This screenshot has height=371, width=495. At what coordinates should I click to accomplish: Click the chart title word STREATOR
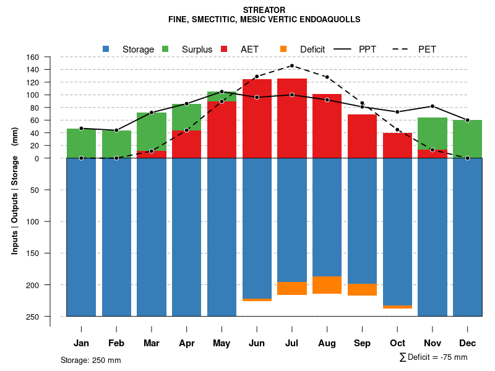[x=264, y=10]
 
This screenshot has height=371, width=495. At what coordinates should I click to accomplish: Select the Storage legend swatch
[x=106, y=49]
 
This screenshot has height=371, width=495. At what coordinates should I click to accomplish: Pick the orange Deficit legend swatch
[x=283, y=49]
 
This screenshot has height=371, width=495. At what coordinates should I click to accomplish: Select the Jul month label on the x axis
[x=292, y=343]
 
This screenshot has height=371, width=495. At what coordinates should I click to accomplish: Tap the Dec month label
[x=468, y=343]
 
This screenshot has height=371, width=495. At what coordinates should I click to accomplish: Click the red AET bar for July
[x=292, y=117]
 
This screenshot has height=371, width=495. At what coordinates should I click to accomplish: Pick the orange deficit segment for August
[x=327, y=285]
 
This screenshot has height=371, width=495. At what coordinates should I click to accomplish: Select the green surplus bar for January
[x=81, y=143]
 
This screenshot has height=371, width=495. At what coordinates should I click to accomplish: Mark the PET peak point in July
[x=292, y=66]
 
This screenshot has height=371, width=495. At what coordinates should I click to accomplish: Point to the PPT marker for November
[x=433, y=106]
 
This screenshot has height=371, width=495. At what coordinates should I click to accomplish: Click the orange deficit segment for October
[x=397, y=307]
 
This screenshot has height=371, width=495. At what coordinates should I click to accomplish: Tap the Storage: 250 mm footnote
[x=90, y=360]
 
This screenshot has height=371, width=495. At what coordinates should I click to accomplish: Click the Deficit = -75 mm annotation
[x=433, y=357]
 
